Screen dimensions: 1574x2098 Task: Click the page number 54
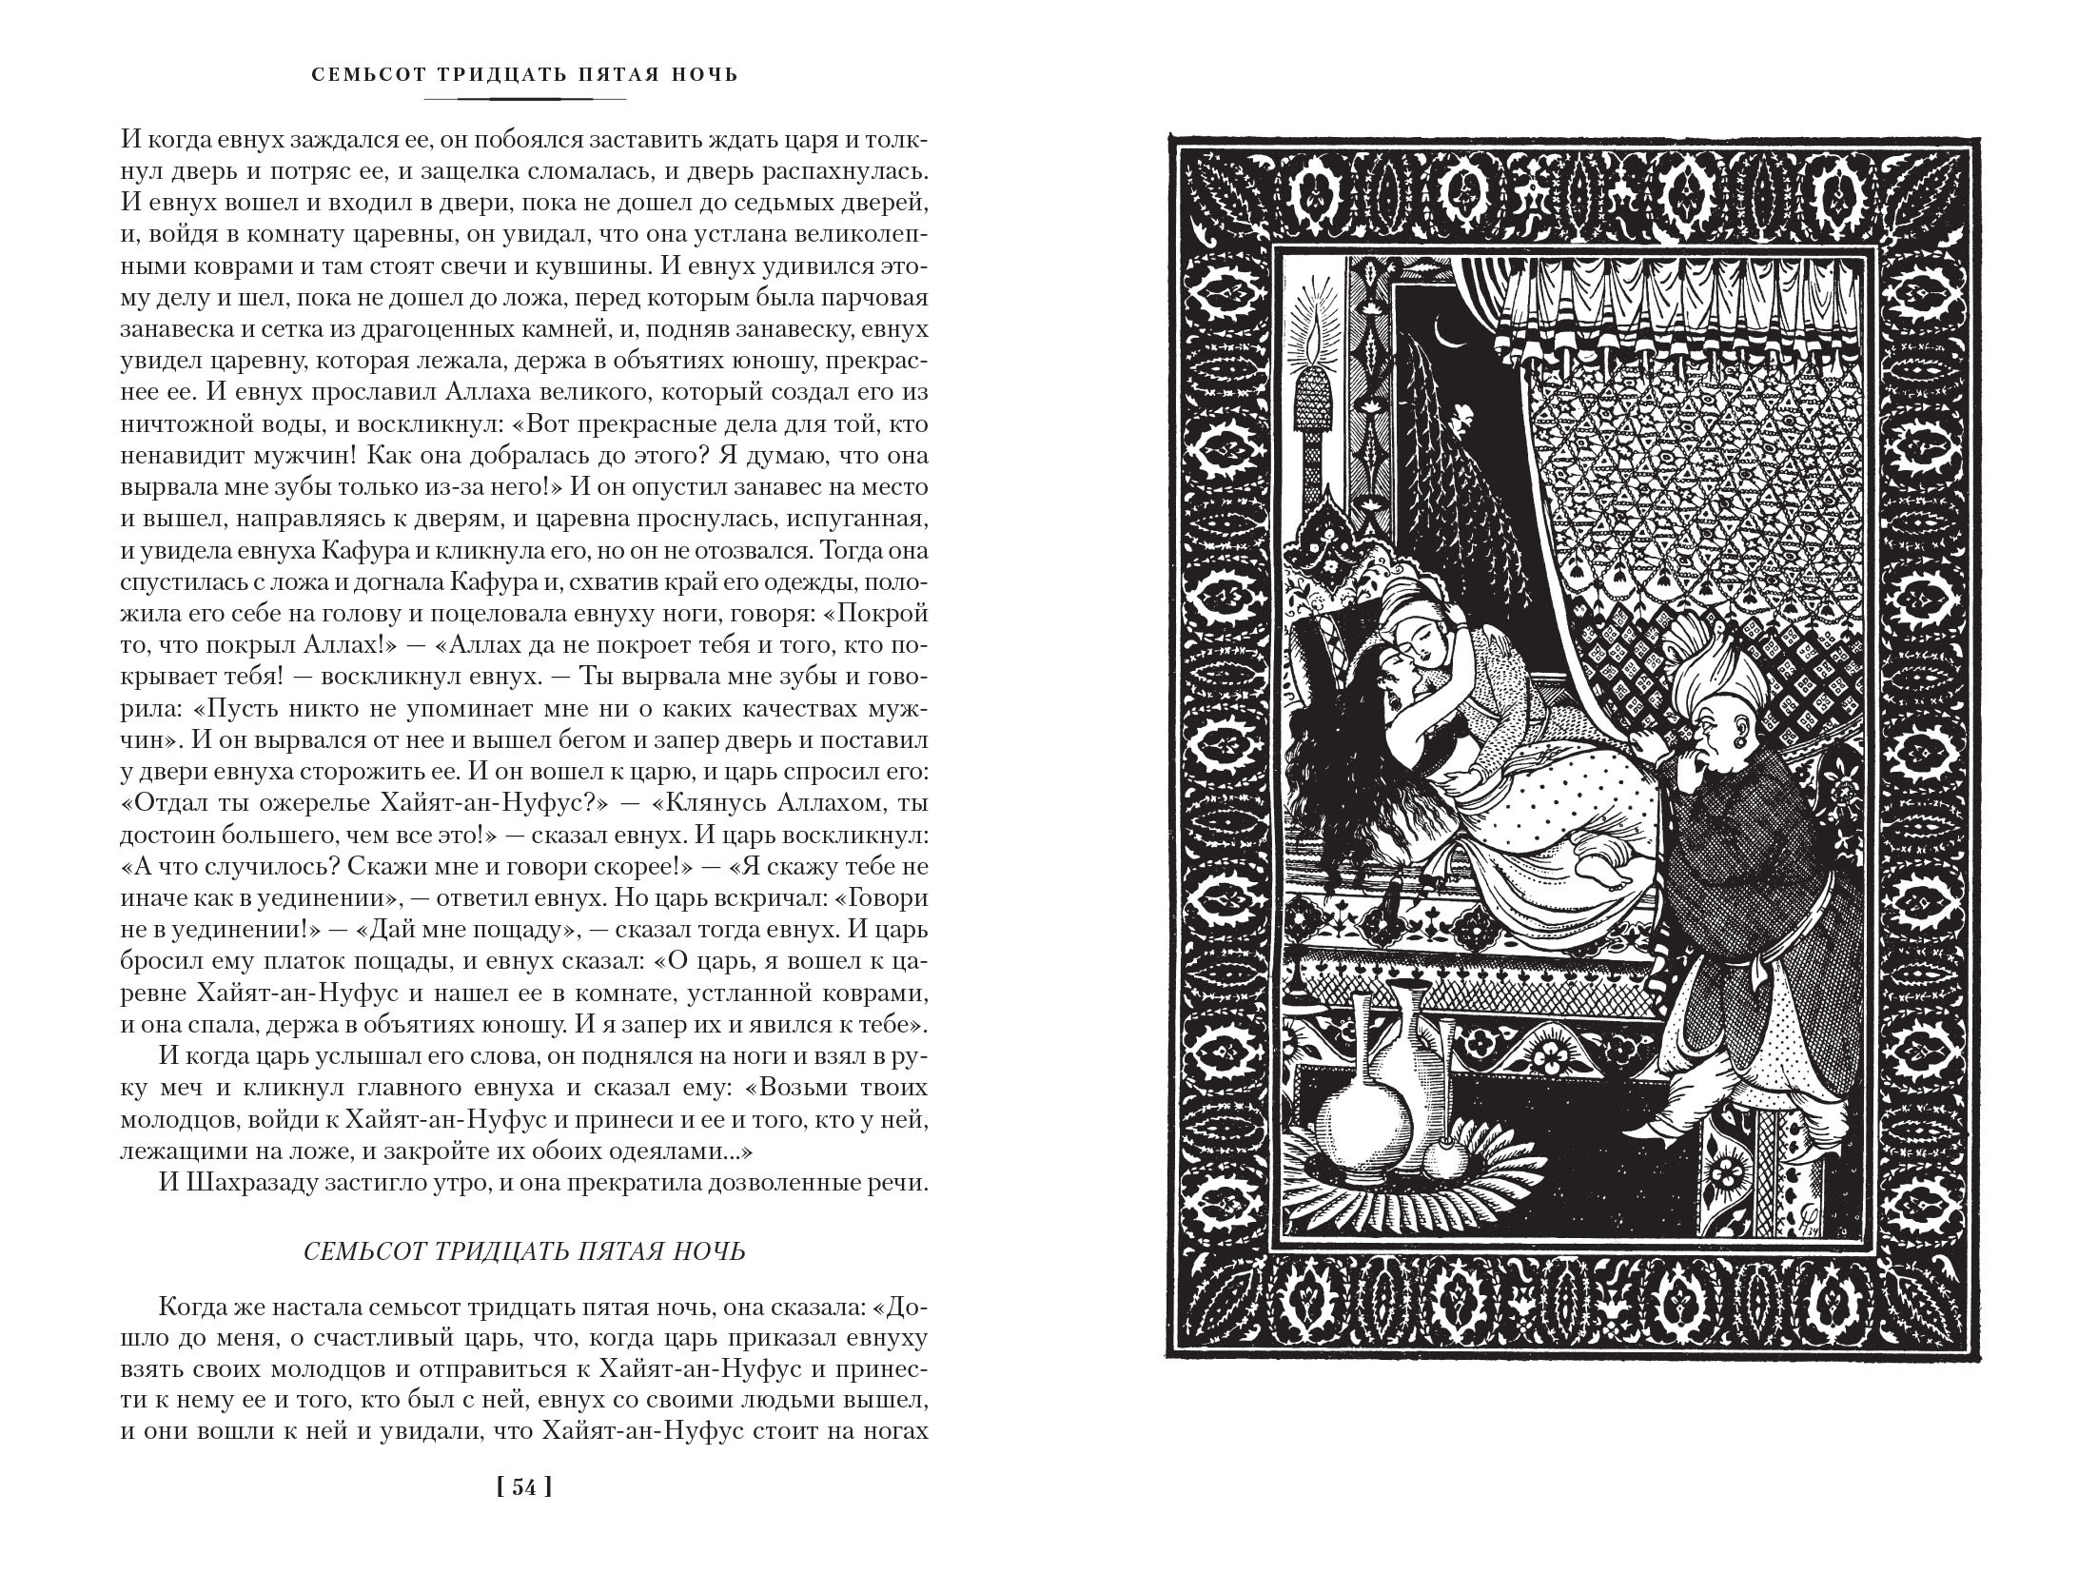(x=524, y=1513)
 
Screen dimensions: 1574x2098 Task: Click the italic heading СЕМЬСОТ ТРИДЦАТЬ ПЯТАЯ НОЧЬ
(x=524, y=1252)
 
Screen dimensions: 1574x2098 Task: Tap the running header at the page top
(x=524, y=74)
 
